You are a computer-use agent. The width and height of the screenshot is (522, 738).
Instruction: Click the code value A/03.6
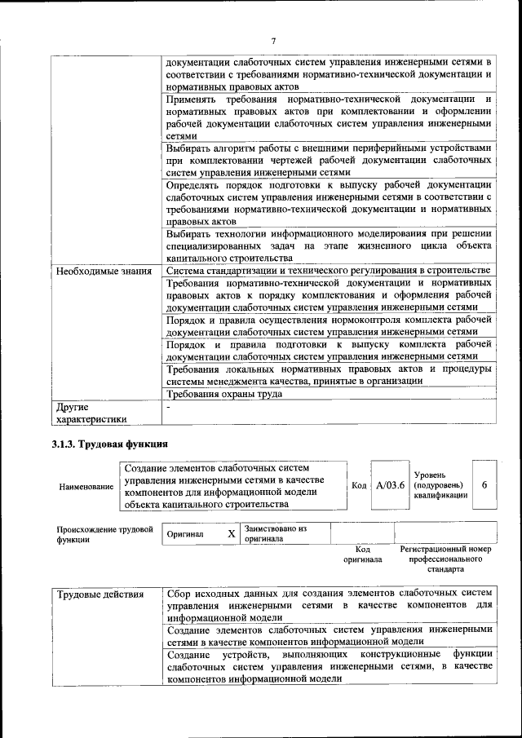pos(391,485)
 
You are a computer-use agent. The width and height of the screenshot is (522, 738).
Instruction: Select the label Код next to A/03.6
pos(358,486)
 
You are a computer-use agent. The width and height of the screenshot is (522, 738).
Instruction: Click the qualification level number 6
pos(484,485)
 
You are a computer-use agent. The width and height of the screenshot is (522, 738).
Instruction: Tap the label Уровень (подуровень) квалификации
pos(440,484)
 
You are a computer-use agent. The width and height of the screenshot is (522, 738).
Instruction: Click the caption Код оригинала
pos(362,555)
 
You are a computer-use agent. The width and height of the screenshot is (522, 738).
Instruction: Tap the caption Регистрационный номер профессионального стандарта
pos(445,559)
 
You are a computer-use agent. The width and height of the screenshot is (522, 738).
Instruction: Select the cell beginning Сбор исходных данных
pos(329,604)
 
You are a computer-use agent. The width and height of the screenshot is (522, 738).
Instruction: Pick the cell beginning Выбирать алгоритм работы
pos(329,160)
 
